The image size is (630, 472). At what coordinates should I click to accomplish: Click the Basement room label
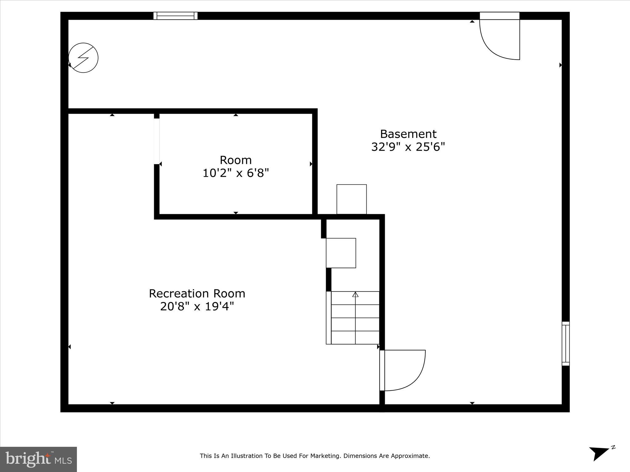[408, 134]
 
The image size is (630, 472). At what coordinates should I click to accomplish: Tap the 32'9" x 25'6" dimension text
[408, 147]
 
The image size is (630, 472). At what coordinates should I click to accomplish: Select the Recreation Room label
[197, 293]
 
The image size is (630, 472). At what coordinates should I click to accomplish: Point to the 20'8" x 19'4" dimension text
[197, 307]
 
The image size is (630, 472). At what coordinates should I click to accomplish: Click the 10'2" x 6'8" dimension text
[236, 173]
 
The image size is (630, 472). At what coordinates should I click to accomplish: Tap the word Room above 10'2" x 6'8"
[236, 160]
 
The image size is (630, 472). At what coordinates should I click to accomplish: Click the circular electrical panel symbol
[83, 58]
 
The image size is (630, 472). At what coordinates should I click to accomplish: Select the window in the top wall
[176, 16]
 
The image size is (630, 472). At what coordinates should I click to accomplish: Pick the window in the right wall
[565, 343]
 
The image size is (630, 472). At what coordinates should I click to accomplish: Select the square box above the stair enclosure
[352, 199]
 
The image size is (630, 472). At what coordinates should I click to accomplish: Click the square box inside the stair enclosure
[341, 253]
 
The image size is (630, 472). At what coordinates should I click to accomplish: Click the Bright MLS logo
[38, 459]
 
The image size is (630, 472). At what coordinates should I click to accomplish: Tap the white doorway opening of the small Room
[157, 141]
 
